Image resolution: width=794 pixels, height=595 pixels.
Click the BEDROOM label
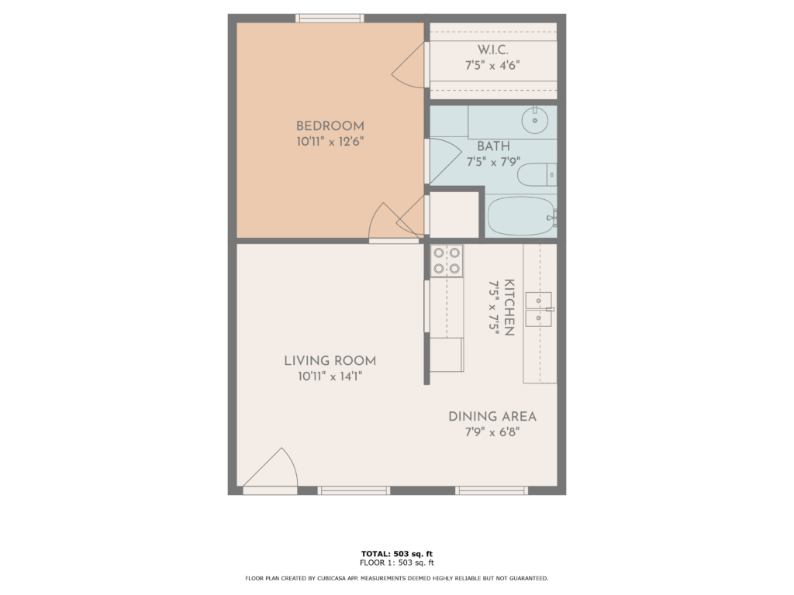(330, 126)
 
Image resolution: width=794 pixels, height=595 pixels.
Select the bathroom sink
(535, 120)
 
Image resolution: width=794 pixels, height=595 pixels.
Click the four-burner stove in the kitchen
(447, 261)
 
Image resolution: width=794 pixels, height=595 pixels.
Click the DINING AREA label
(492, 417)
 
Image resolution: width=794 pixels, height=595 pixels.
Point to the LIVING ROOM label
(330, 361)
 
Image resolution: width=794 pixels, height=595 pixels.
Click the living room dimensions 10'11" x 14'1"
(330, 377)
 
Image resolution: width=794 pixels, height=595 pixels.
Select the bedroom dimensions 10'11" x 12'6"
(330, 142)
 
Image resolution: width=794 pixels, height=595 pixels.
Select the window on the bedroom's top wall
(330, 18)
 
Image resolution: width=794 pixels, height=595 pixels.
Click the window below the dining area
(492, 490)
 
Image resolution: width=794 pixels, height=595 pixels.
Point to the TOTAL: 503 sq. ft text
(396, 553)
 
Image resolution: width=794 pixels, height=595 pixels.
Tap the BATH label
(492, 146)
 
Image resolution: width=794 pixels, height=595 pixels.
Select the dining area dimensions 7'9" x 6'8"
(492, 432)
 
